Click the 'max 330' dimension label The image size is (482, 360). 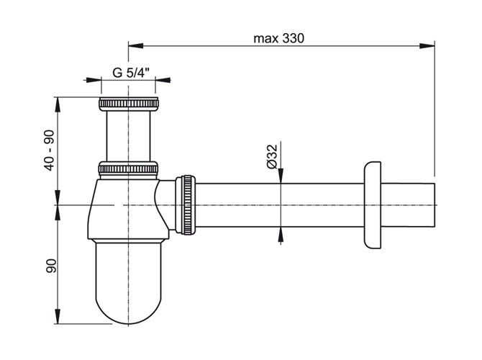click(x=279, y=39)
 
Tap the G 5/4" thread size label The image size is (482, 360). click(x=131, y=73)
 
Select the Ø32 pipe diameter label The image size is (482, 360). click(x=272, y=156)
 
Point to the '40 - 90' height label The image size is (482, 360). click(x=49, y=150)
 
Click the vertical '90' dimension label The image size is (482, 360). click(x=51, y=266)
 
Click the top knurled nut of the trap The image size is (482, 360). click(x=129, y=104)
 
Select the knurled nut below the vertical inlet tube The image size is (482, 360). click(x=128, y=168)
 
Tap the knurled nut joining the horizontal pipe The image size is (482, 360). click(x=186, y=205)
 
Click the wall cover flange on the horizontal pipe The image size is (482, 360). click(x=372, y=205)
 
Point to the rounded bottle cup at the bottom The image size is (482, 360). click(x=128, y=282)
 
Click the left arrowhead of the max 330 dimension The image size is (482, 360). click(x=135, y=46)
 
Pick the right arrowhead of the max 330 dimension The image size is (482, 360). click(x=427, y=46)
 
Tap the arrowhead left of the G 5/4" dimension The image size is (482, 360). click(x=94, y=80)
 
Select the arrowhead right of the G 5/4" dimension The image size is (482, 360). click(x=163, y=80)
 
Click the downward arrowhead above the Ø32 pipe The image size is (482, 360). click(x=281, y=176)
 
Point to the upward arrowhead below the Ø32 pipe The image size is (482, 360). click(x=281, y=235)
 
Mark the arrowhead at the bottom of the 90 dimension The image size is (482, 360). click(x=57, y=316)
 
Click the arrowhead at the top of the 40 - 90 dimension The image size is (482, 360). click(x=57, y=105)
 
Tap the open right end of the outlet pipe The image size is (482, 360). click(x=435, y=205)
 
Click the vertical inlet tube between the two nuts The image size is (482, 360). click(x=129, y=136)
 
